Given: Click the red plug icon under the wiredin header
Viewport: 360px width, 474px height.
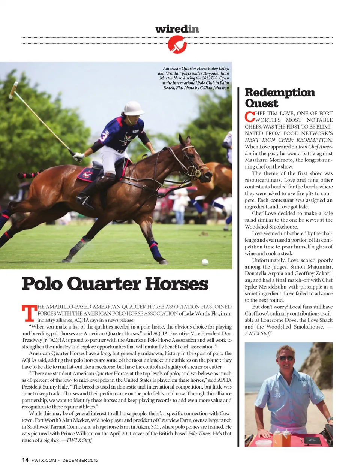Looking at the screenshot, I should pyautogui.click(x=177, y=45).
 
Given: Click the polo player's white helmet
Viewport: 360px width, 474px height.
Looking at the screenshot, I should pyautogui.click(x=133, y=108).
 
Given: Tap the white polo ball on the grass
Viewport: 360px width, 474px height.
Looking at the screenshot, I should pyautogui.click(x=205, y=262).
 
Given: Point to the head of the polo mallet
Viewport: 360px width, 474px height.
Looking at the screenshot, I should pyautogui.click(x=14, y=89).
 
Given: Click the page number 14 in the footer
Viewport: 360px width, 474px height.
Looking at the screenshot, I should pyautogui.click(x=25, y=460).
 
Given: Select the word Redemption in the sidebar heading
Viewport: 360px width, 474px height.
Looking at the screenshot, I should pyautogui.click(x=280, y=93).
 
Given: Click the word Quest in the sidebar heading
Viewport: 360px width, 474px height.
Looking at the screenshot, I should pyautogui.click(x=261, y=103).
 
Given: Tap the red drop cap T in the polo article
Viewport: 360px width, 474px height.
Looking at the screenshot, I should pyautogui.click(x=29, y=314).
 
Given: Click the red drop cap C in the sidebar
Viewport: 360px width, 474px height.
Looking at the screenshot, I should pyautogui.click(x=249, y=117).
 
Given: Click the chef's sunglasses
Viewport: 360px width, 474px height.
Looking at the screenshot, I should pyautogui.click(x=286, y=358).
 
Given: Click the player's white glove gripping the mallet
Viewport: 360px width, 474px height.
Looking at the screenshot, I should pyautogui.click(x=78, y=156).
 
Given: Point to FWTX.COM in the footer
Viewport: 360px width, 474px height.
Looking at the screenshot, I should pyautogui.click(x=44, y=460).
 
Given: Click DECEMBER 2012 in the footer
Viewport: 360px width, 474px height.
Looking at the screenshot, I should pyautogui.click(x=80, y=460).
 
